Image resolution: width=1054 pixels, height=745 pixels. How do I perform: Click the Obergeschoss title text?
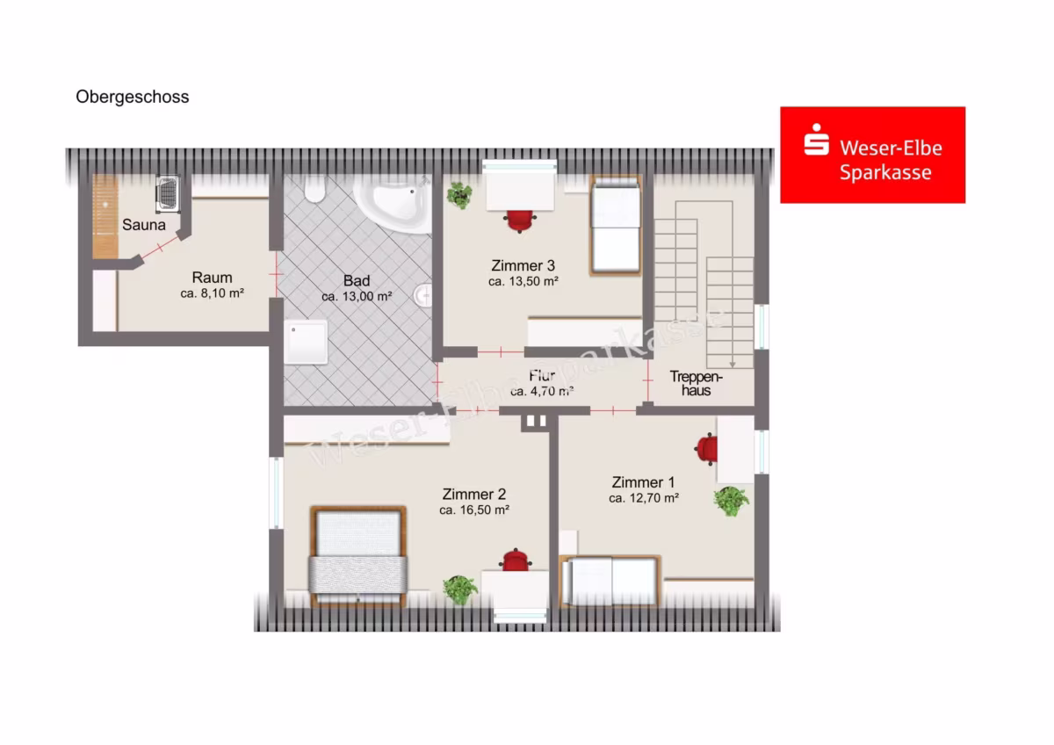133,97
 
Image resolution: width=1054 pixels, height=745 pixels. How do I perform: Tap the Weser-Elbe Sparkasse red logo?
873,155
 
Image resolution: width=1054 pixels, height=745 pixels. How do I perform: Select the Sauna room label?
143,225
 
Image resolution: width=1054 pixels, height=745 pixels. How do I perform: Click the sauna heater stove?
168,193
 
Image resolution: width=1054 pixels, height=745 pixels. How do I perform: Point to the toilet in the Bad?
314,189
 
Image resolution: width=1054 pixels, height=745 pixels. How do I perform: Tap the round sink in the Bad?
423,295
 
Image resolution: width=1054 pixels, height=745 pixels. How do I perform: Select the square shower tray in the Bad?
306,342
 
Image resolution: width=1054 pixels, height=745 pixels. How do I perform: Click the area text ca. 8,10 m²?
213,293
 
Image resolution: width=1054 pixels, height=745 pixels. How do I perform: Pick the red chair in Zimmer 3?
520,221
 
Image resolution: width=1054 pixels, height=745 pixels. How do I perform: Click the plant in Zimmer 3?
459,195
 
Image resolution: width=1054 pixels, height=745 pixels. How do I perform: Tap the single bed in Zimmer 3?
616,226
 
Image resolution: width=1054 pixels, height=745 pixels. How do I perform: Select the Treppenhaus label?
696,384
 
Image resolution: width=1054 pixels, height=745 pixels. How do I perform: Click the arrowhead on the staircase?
733,365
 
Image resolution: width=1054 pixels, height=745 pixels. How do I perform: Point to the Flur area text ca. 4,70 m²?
542,391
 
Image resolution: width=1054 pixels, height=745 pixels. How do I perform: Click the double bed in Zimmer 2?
358,556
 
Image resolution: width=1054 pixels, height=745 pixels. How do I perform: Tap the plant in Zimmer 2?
460,589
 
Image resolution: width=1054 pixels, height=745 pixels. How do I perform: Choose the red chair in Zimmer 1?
706,449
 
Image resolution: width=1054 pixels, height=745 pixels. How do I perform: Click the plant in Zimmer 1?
731,502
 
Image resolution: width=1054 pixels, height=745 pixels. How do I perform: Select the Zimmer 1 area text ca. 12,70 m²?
644,498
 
